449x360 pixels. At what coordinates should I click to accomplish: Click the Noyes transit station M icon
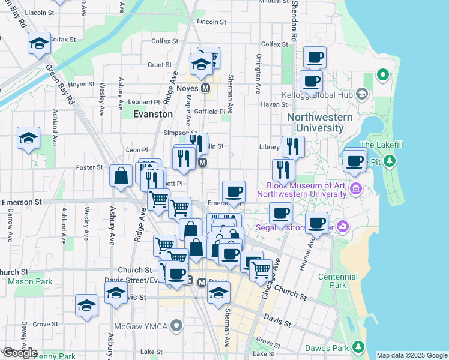click(206, 88)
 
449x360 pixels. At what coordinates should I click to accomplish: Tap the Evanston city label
click(153, 113)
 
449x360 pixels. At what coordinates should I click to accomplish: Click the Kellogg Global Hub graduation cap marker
click(361, 94)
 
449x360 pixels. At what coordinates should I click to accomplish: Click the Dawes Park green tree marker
click(358, 347)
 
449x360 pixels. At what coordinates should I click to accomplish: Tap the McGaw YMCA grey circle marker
click(176, 326)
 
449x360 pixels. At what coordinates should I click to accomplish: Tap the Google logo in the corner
click(20, 353)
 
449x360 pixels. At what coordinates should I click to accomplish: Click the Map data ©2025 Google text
click(411, 355)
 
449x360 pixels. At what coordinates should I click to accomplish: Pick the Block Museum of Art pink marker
click(355, 190)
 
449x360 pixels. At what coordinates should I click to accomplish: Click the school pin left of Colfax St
click(38, 44)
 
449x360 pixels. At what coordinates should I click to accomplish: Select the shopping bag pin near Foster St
click(121, 176)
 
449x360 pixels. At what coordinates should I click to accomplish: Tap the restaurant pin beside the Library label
click(292, 146)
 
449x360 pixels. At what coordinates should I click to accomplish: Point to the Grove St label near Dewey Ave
click(41, 324)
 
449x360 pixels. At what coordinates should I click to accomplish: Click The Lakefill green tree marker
click(390, 161)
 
